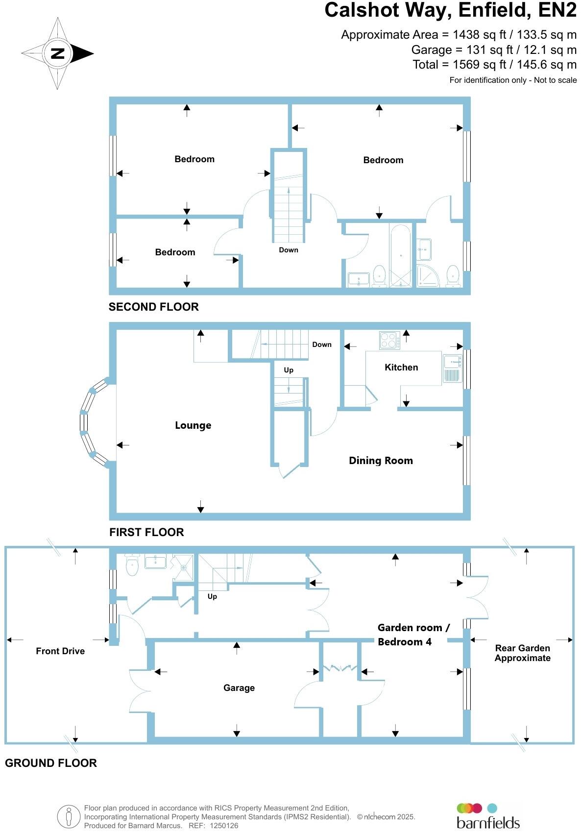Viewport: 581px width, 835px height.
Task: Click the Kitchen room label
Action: [401, 367]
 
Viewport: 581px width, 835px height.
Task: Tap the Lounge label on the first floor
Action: [193, 425]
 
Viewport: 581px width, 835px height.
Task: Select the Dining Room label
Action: [381, 461]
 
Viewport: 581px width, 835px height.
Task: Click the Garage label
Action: [239, 688]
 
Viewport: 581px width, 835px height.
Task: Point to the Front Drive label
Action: [60, 651]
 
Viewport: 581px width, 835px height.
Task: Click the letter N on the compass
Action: [57, 53]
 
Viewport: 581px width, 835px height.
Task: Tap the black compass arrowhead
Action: [82, 53]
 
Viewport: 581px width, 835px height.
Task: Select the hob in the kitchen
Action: [389, 340]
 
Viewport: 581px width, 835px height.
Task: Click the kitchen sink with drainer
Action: [452, 368]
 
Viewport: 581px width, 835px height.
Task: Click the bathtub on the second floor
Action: [401, 255]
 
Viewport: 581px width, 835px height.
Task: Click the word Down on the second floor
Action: [289, 250]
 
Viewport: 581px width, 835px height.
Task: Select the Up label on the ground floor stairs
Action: [212, 596]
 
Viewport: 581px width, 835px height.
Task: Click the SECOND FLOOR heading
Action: [153, 307]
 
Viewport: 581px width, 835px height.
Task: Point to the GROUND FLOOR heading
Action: [50, 763]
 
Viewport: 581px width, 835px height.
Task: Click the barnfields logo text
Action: [488, 823]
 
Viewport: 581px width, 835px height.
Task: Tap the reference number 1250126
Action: [223, 825]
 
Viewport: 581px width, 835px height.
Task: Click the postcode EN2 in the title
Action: [557, 10]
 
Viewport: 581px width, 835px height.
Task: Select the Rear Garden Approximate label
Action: [523, 653]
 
